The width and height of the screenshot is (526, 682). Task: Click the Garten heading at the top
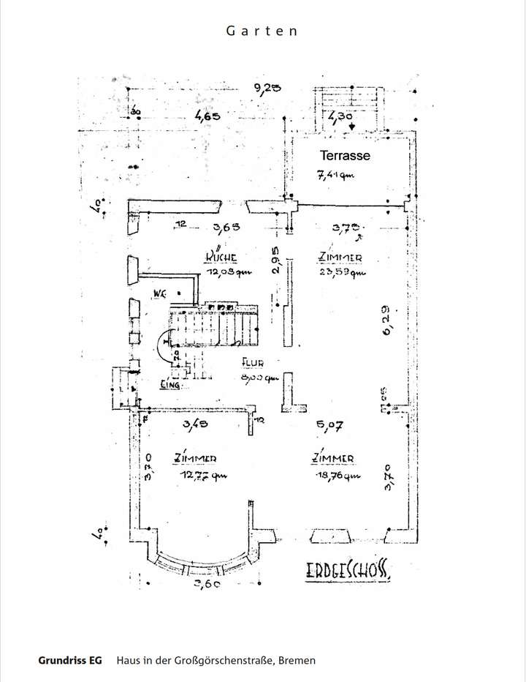(x=262, y=31)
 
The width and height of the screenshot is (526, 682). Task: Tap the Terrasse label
(x=345, y=155)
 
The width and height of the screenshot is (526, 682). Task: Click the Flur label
(x=252, y=362)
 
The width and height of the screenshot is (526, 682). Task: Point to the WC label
(x=159, y=293)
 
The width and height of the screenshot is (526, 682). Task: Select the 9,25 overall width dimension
(x=268, y=89)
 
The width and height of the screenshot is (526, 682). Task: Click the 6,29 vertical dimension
(x=387, y=318)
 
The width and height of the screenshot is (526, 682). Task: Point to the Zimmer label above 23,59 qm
(x=341, y=258)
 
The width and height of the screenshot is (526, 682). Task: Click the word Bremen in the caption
(x=297, y=660)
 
